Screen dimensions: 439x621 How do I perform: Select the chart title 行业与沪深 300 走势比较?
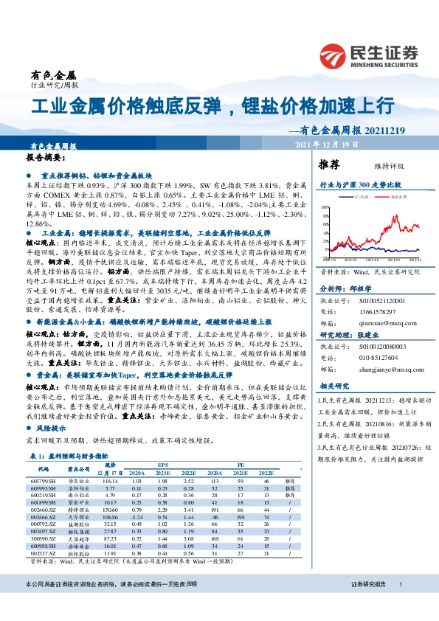tap(360, 184)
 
